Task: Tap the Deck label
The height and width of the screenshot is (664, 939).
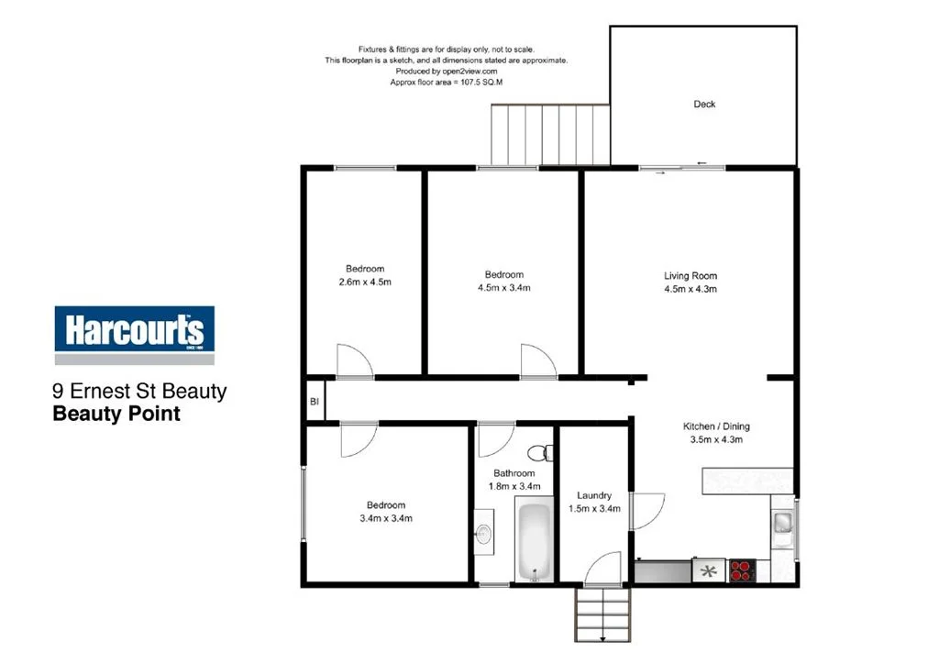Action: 704,105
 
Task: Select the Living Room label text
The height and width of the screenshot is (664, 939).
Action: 690,276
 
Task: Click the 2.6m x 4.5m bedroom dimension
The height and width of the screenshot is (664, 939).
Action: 365,282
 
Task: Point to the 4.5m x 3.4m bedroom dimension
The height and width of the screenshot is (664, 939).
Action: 503,288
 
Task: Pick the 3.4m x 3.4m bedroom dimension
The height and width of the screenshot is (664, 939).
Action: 385,518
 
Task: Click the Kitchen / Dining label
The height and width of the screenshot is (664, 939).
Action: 717,426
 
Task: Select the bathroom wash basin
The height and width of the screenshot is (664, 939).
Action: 484,534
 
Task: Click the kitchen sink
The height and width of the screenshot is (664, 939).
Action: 783,524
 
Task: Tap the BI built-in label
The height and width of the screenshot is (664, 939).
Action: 314,402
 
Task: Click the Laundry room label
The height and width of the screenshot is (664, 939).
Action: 594,496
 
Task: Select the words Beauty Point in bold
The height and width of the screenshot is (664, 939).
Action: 116,414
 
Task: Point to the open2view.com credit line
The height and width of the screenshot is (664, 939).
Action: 447,72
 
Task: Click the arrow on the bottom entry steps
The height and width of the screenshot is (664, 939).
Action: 603,636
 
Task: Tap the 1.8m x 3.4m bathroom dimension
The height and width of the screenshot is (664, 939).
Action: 514,486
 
